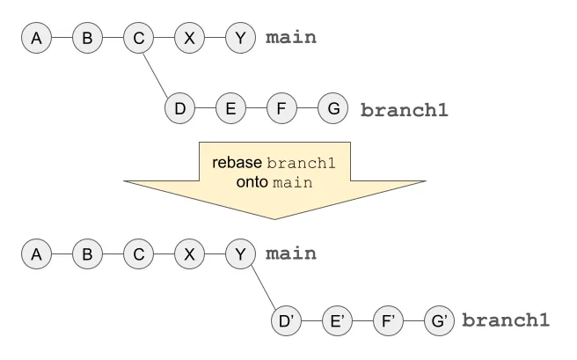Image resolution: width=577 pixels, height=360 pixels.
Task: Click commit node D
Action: coord(179,109)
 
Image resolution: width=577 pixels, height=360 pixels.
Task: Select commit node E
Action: coord(230,109)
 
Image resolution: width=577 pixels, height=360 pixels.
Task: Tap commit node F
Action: coord(281,109)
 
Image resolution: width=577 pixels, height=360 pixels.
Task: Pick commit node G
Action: coord(332,109)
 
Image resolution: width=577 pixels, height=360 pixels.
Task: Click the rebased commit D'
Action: coord(286,320)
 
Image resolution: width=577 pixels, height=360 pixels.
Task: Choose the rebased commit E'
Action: coord(337,320)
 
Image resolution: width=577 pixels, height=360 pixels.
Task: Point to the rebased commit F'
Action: coord(388,320)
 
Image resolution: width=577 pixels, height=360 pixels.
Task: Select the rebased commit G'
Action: coord(439,320)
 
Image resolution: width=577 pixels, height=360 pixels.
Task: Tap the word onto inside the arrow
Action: coord(253,182)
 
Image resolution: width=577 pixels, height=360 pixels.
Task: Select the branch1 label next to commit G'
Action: coord(507,320)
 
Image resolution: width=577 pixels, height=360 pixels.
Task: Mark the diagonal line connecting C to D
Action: coord(158,74)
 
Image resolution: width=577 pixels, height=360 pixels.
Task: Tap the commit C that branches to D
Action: coord(138,39)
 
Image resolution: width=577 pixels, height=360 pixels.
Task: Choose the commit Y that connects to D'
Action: coord(239,253)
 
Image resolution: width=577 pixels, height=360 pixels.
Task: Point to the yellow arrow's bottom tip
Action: coord(275,218)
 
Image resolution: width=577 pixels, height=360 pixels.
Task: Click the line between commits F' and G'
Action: coord(413,320)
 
